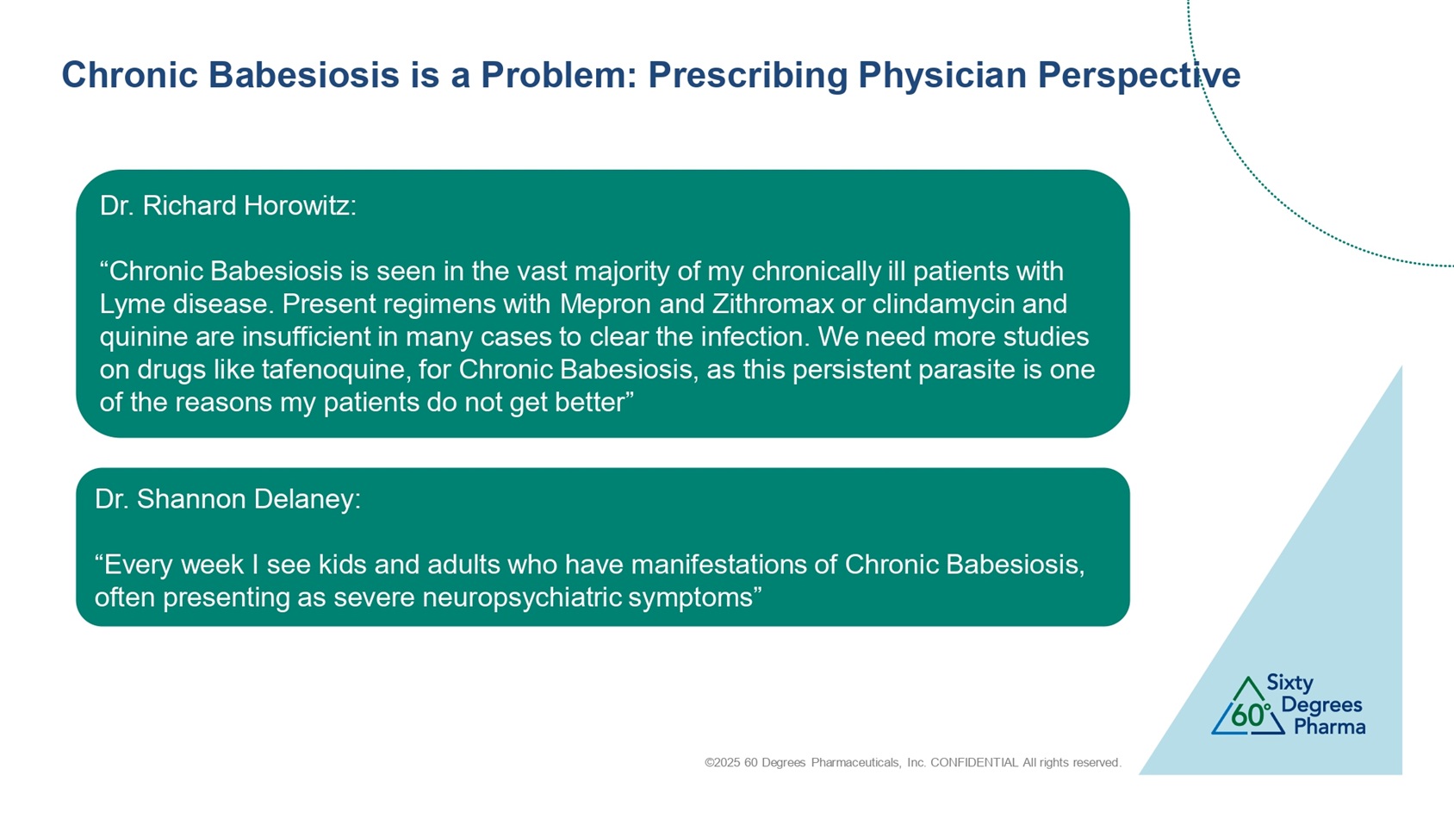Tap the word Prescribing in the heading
(x=747, y=75)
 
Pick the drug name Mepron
(x=605, y=304)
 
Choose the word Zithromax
(x=773, y=303)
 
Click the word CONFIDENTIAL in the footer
(x=973, y=762)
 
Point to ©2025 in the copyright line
(x=723, y=762)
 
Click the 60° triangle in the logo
(x=1247, y=707)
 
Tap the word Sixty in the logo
(x=1289, y=684)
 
